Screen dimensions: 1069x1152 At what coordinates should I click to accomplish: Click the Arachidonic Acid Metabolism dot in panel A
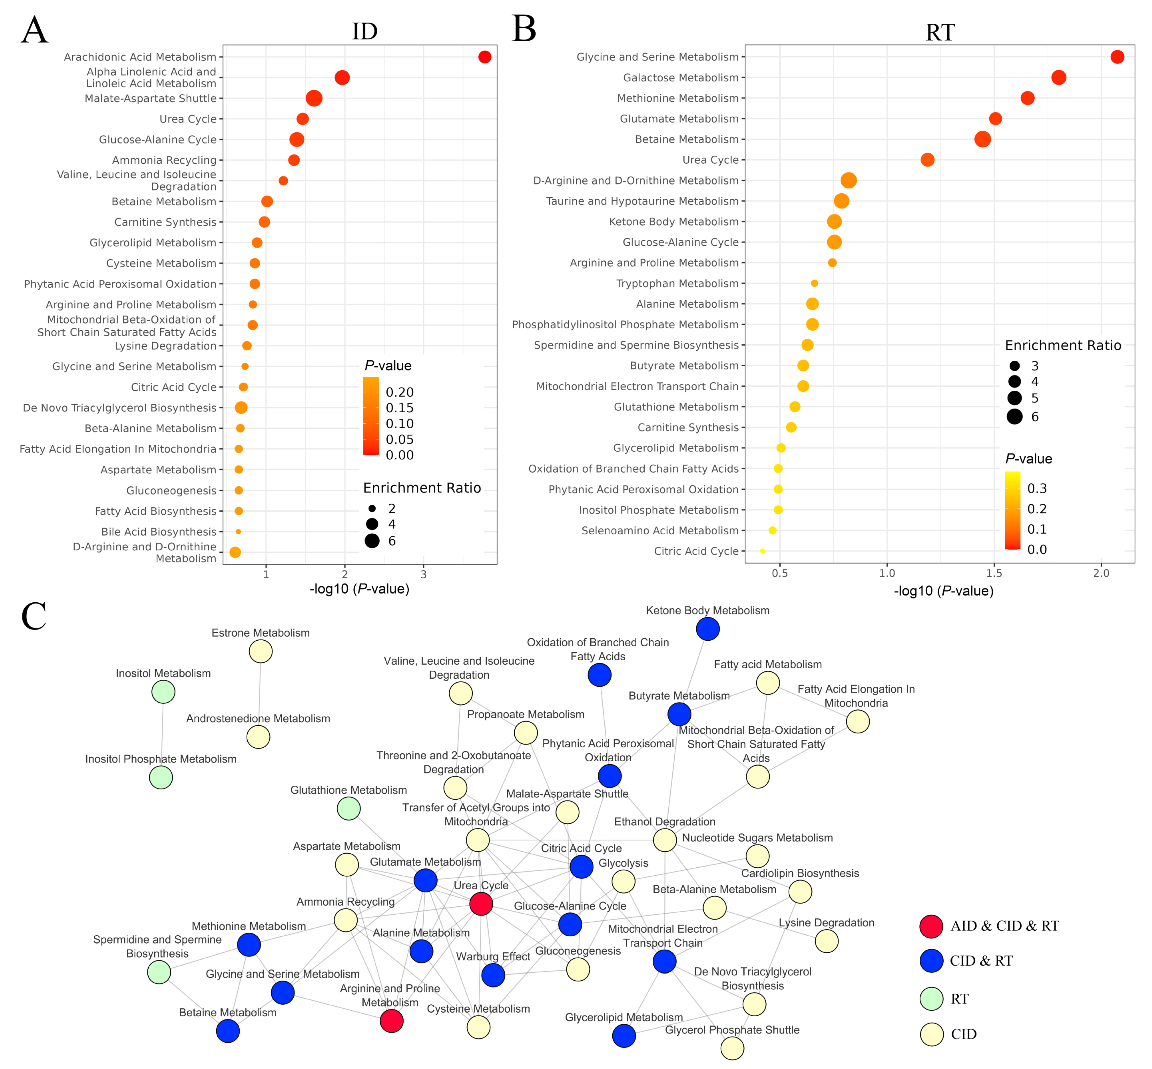(x=485, y=57)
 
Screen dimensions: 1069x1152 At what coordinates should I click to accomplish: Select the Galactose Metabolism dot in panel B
(x=1058, y=78)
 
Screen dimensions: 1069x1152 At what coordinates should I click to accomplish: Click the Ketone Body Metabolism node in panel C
(x=707, y=629)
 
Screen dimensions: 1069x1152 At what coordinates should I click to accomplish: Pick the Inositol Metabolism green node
(x=163, y=691)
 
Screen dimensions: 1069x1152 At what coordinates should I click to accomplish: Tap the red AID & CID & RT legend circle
(x=931, y=926)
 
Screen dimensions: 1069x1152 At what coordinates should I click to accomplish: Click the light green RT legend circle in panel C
(x=931, y=999)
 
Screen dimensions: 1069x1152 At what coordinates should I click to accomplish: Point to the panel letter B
(x=524, y=29)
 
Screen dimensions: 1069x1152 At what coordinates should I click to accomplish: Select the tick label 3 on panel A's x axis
(x=423, y=574)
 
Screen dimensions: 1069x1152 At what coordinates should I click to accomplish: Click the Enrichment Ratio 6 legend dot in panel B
(x=1014, y=416)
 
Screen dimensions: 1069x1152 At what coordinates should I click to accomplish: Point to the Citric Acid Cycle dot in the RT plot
(x=762, y=551)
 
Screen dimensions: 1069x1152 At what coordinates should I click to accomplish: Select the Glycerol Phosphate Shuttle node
(x=732, y=1048)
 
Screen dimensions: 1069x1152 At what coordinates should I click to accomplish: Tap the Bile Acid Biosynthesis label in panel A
(x=158, y=532)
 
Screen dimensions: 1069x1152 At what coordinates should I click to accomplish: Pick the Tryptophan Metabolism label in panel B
(x=677, y=283)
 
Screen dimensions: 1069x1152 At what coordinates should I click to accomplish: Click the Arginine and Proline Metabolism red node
(x=392, y=1021)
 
